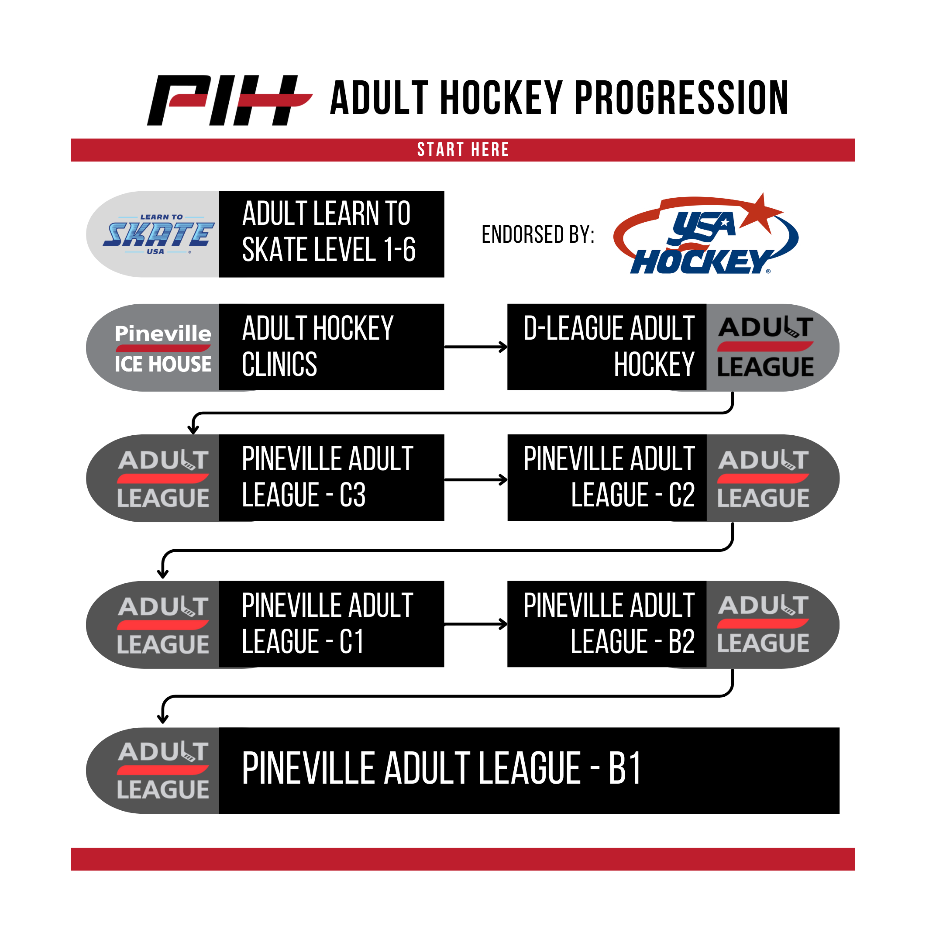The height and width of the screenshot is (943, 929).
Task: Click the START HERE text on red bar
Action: click(463, 150)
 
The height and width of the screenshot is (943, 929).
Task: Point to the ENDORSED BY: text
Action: click(538, 234)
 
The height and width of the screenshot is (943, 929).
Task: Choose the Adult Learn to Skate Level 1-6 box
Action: click(331, 234)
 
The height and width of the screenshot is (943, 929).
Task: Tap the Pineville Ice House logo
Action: click(162, 348)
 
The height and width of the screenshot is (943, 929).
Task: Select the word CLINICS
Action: click(279, 365)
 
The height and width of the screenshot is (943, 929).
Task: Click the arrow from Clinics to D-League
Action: click(476, 347)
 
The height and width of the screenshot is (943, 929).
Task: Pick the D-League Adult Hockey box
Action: click(606, 347)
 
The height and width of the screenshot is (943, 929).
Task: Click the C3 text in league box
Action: click(352, 495)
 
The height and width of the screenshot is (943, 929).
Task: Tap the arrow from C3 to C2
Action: click(476, 479)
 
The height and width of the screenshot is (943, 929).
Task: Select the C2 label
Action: click(681, 495)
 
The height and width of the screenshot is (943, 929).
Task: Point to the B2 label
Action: click(681, 641)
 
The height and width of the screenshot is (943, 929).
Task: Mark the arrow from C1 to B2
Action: click(476, 624)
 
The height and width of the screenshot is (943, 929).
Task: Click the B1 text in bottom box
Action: click(625, 769)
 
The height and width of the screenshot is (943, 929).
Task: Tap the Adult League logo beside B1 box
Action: click(162, 770)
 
